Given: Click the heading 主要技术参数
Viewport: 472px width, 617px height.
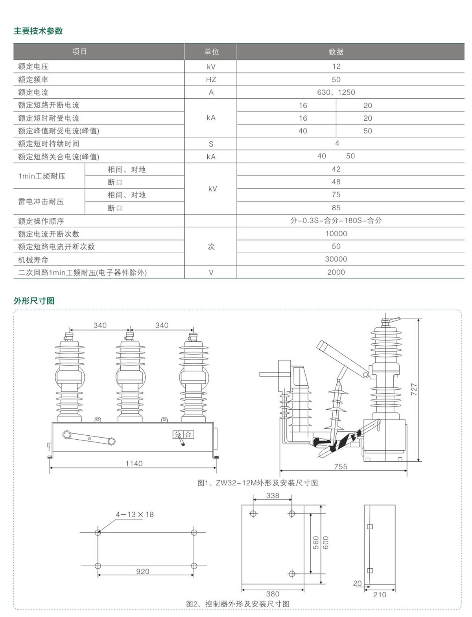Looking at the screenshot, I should coord(38,31).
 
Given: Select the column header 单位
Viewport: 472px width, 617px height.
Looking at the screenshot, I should coord(211,52).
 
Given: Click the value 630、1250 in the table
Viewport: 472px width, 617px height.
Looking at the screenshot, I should coord(336,92).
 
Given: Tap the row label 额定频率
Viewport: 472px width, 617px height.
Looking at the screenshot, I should coord(33,79).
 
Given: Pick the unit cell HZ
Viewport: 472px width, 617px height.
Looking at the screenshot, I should coord(211,79).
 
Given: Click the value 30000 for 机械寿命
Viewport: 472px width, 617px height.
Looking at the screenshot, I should coord(336,259).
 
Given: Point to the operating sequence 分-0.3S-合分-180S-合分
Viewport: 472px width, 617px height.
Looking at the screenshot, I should coord(336,221).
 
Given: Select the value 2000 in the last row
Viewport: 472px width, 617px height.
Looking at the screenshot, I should coord(336,272).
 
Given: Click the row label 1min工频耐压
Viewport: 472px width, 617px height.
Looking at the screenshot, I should coord(42,176).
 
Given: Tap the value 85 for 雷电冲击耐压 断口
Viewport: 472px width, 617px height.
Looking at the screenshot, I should coord(336,208).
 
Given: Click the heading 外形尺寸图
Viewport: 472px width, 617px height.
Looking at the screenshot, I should coord(34,301).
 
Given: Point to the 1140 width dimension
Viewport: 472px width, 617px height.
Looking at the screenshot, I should coord(134,464).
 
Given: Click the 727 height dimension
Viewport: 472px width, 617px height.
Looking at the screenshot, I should coord(414,389).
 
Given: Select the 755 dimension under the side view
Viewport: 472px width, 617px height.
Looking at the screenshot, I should coord(341,466).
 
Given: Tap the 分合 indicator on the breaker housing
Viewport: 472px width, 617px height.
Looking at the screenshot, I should coord(183,435).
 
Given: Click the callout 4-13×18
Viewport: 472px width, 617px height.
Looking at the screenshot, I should coord(135,514).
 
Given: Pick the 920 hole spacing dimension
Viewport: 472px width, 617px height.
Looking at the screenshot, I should coord(143,571).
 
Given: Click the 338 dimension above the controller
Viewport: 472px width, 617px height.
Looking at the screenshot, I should coord(273,495).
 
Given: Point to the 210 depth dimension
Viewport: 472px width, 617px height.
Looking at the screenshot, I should coord(380,595).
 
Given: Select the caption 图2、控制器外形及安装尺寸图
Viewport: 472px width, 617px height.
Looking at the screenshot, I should coord(238,604).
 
